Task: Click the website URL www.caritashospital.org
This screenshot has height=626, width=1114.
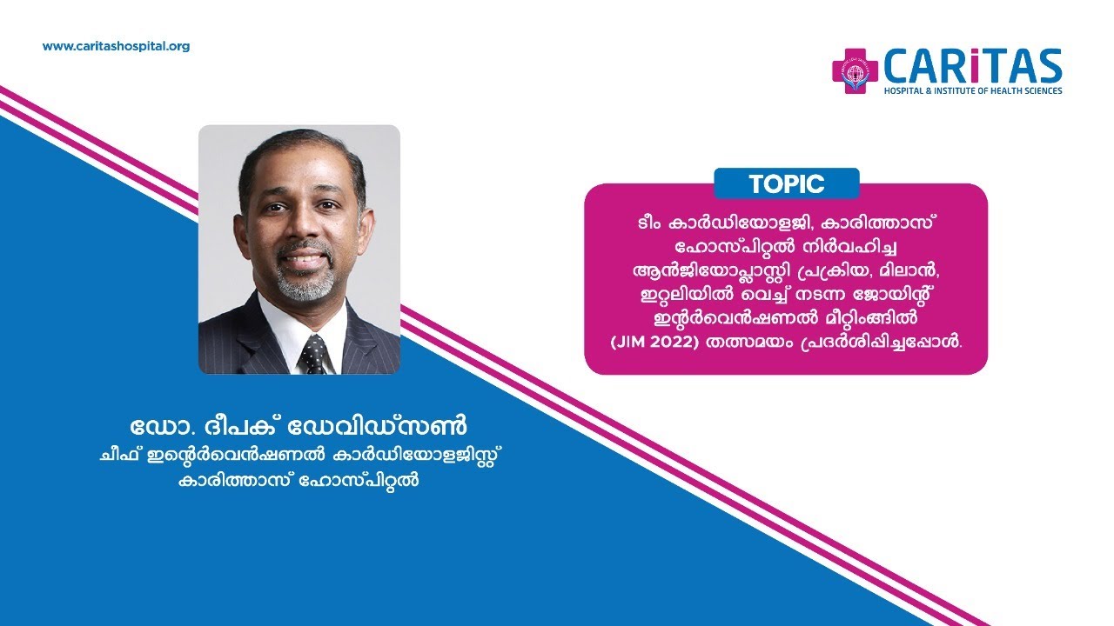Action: click(x=116, y=46)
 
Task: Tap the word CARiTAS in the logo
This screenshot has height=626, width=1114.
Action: click(x=972, y=66)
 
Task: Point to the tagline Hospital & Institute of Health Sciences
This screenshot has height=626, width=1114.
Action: click(x=972, y=90)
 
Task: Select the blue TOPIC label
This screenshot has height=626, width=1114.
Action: click(x=786, y=183)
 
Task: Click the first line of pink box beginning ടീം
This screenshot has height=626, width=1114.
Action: click(x=785, y=222)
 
